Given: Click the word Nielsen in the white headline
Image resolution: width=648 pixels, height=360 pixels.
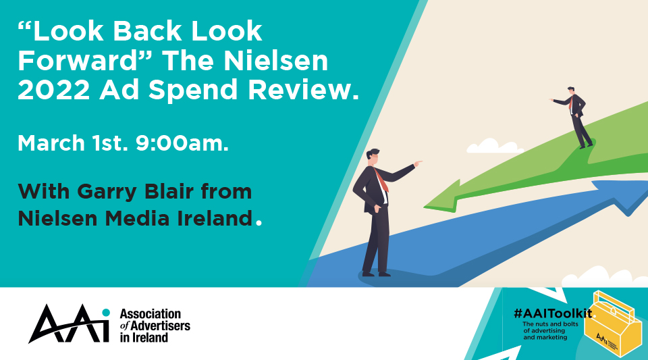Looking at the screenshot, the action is pyautogui.click(x=276, y=61).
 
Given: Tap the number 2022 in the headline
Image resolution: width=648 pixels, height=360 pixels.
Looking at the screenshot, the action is pyautogui.click(x=54, y=90).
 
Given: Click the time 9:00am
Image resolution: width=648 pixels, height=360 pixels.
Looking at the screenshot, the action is pyautogui.click(x=182, y=143).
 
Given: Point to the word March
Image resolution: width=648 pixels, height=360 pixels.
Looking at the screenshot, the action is pyautogui.click(x=51, y=143).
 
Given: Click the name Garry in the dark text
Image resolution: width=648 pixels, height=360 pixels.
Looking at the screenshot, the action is pyautogui.click(x=107, y=191).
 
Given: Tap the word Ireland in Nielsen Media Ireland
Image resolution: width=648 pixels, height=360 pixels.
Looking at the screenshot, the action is pyautogui.click(x=215, y=219).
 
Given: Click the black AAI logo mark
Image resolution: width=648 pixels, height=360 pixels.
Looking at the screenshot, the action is pyautogui.click(x=69, y=324).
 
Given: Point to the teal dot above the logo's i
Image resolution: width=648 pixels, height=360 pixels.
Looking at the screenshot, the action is pyautogui.click(x=106, y=313).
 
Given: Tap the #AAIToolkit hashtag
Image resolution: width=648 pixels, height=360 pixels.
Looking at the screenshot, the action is pyautogui.click(x=553, y=313).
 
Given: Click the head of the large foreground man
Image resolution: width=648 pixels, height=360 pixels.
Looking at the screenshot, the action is pyautogui.click(x=373, y=157).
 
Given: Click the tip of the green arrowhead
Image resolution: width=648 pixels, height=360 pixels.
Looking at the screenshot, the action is pyautogui.click(x=424, y=206).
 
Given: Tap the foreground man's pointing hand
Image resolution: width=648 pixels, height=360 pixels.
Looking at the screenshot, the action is pyautogui.click(x=417, y=163).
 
